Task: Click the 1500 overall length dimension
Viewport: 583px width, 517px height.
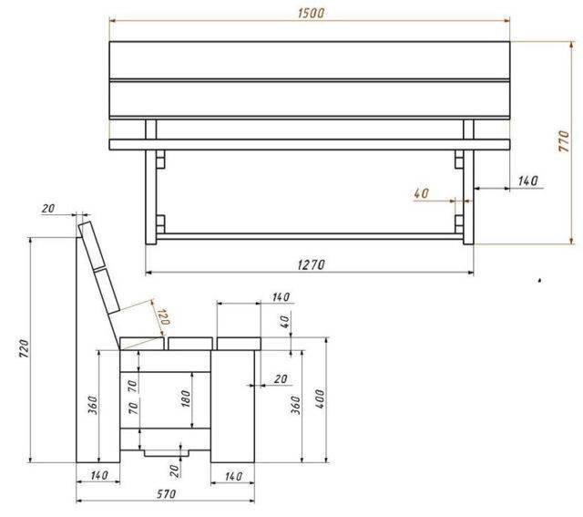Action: click(311, 13)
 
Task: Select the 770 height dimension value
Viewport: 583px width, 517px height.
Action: click(564, 140)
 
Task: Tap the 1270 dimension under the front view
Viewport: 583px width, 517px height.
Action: click(312, 264)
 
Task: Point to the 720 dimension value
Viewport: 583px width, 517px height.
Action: click(25, 348)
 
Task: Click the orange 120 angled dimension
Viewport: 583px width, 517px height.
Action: click(164, 316)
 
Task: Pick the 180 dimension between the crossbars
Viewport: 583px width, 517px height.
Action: click(186, 398)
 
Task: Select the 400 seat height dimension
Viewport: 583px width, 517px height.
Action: click(320, 399)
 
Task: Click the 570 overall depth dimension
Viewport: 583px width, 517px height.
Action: click(166, 494)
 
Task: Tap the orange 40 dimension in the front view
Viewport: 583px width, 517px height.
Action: click(421, 193)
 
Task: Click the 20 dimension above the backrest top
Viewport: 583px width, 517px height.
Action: click(48, 209)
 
